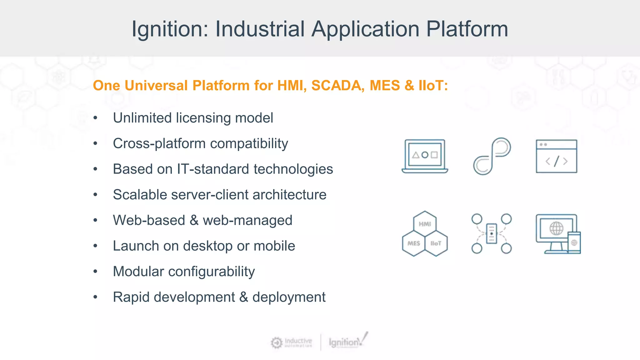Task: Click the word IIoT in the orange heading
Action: tap(432, 86)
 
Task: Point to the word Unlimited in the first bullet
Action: tap(142, 118)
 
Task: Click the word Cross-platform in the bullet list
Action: tap(159, 144)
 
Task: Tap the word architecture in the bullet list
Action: tap(289, 195)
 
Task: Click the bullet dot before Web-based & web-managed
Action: tap(95, 220)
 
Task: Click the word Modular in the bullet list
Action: tap(138, 271)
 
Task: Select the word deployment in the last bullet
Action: tap(289, 297)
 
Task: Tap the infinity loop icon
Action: tap(492, 156)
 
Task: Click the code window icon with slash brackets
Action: tap(556, 156)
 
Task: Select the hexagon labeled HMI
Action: tap(425, 224)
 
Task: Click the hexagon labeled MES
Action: tap(413, 243)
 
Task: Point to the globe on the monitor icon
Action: tap(556, 229)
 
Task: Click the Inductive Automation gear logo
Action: tap(277, 342)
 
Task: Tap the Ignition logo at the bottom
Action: tap(347, 342)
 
